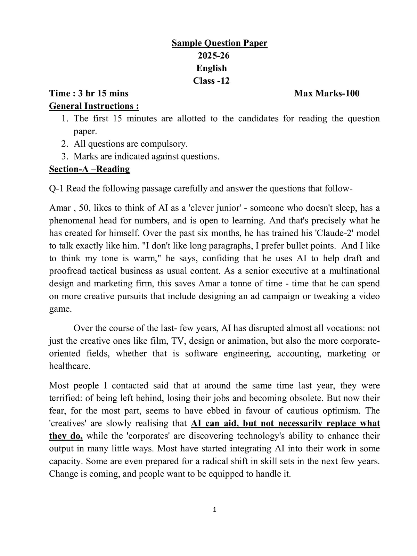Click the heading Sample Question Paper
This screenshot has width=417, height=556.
(x=220, y=43)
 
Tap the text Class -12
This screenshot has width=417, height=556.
(x=211, y=81)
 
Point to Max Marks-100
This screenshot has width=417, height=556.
(x=327, y=93)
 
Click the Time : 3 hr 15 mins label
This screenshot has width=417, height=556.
(x=89, y=93)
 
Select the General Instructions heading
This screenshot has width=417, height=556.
(x=94, y=106)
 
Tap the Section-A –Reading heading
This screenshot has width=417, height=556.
(x=89, y=169)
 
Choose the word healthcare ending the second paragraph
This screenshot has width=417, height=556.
(x=69, y=366)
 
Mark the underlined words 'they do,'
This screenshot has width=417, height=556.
(x=66, y=436)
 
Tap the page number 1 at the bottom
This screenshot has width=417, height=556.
(x=214, y=510)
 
